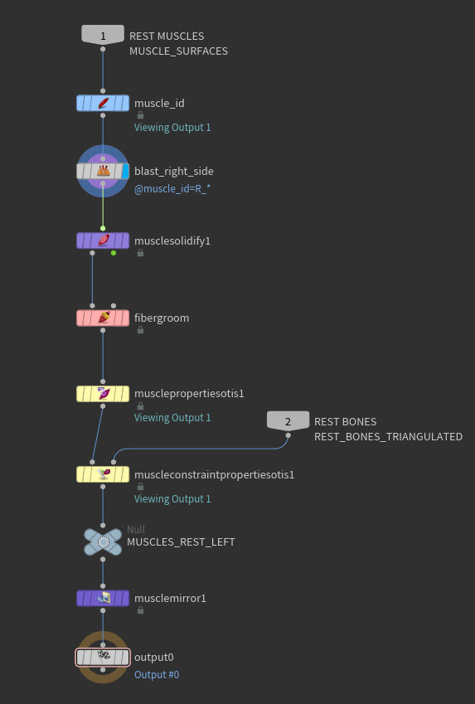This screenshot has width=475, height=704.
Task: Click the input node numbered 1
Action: tap(103, 35)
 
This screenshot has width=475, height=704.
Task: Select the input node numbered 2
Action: tap(288, 420)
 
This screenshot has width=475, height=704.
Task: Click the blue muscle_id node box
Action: tap(103, 104)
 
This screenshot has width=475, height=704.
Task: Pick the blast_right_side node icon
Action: tap(104, 171)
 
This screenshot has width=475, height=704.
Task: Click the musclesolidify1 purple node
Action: tap(103, 240)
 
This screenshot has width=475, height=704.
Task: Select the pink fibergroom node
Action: tap(103, 318)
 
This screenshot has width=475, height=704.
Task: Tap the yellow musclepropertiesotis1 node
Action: tap(103, 394)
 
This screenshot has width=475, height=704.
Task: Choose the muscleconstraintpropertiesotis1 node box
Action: tap(103, 474)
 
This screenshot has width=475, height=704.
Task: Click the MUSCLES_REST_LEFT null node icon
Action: tap(104, 542)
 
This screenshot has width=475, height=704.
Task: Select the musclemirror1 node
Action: tap(103, 598)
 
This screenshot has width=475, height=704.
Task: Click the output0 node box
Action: tap(103, 658)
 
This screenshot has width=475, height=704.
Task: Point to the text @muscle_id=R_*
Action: tap(172, 189)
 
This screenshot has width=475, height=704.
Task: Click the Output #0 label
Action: tap(157, 674)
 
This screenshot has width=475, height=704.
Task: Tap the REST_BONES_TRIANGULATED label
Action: tap(388, 436)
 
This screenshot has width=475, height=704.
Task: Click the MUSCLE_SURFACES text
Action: tap(179, 51)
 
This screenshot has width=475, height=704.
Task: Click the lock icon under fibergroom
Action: tap(141, 330)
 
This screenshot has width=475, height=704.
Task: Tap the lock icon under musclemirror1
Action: tap(141, 610)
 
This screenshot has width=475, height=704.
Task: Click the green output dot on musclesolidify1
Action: tap(114, 253)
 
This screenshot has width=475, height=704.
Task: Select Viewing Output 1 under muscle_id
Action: tap(172, 128)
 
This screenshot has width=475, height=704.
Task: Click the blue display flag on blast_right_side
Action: tap(125, 171)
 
